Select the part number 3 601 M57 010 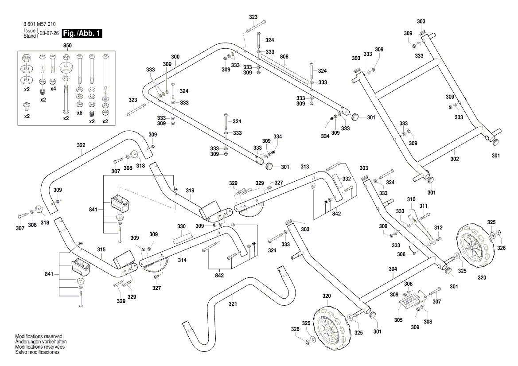point(39,24)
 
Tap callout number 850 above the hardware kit point(67,46)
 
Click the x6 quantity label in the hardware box point(79,113)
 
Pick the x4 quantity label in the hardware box point(53,89)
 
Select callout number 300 point(175,57)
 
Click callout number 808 point(284,57)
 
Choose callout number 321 point(233,304)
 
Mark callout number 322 point(81,145)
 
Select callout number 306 point(401,254)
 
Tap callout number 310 point(412,200)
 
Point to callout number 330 point(181,226)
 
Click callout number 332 point(347,179)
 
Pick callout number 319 point(190,191)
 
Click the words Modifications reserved point(39,337)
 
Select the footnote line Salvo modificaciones point(37,352)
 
